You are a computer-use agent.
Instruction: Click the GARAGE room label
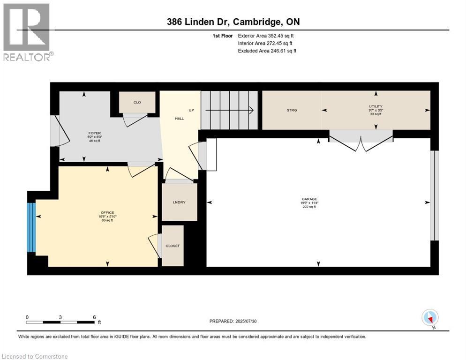pyautogui.click(x=309, y=199)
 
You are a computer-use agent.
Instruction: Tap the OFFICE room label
pyautogui.click(x=107, y=213)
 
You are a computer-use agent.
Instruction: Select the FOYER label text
pyautogui.click(x=95, y=133)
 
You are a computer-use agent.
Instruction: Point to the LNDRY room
pyautogui.click(x=179, y=202)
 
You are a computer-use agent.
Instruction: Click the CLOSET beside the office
pyautogui.click(x=173, y=246)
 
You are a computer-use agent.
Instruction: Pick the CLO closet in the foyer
pyautogui.click(x=137, y=102)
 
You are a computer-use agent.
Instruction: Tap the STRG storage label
pyautogui.click(x=292, y=110)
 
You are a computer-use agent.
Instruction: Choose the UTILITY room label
pyautogui.click(x=376, y=106)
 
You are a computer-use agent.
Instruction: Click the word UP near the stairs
pyautogui.click(x=191, y=110)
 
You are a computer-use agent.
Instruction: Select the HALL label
pyautogui.click(x=179, y=119)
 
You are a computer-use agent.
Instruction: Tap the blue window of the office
pyautogui.click(x=31, y=227)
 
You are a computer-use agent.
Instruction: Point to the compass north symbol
pyautogui.click(x=430, y=317)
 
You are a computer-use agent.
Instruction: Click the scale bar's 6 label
pyautogui.click(x=94, y=317)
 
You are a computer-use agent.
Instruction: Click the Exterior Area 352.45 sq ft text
pyautogui.click(x=266, y=36)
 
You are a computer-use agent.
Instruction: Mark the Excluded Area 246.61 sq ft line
pyautogui.click(x=267, y=51)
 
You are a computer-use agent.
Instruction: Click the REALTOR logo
pyautogui.click(x=27, y=32)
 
